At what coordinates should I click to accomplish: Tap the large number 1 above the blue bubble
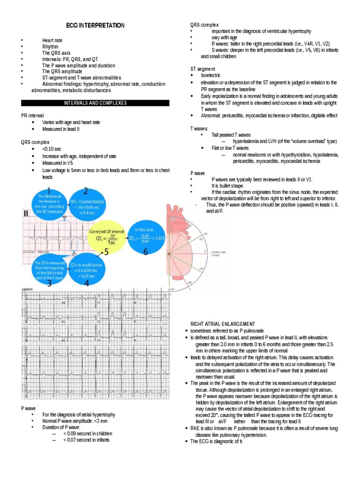click(48, 190)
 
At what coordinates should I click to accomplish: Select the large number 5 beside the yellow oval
click(106, 252)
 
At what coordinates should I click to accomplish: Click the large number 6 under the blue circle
click(146, 252)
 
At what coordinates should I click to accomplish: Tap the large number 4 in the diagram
click(85, 283)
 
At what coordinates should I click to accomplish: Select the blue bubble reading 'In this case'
click(146, 232)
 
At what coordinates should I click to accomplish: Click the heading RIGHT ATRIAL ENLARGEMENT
click(223, 324)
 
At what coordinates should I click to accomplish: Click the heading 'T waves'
click(199, 128)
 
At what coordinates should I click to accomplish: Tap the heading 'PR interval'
click(33, 115)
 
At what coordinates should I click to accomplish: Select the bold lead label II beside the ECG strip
click(26, 214)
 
